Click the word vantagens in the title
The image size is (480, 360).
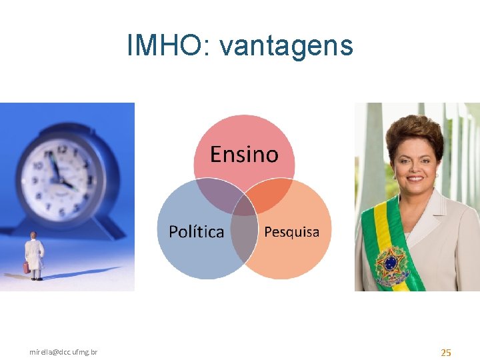point(286,47)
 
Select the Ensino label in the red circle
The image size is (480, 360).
point(244,155)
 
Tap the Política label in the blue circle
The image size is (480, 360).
point(196,231)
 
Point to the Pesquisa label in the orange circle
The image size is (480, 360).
point(291,232)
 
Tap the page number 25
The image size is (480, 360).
point(446,352)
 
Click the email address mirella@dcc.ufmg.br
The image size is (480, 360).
point(63,351)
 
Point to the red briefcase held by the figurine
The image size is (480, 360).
point(26,267)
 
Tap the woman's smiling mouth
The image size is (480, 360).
point(416,178)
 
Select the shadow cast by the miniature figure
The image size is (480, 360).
point(73,273)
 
